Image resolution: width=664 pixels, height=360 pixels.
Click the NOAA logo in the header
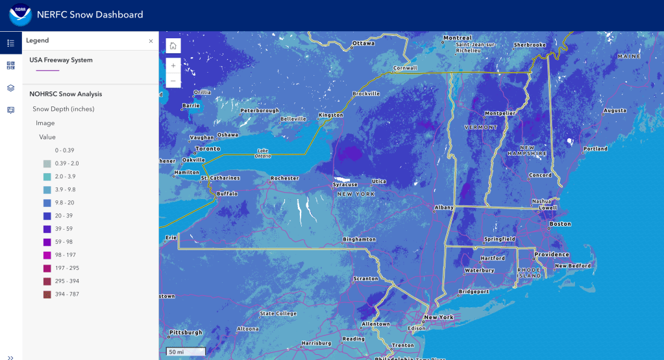click(x=19, y=15)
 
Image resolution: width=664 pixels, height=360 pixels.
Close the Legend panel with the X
click(x=151, y=41)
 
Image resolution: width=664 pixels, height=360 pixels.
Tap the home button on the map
click(x=173, y=45)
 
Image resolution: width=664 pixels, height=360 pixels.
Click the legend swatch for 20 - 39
click(x=47, y=216)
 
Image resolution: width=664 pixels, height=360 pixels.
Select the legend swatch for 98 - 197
click(x=47, y=255)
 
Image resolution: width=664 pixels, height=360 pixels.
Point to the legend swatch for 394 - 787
click(x=47, y=294)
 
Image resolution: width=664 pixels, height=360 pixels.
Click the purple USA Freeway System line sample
click(x=48, y=70)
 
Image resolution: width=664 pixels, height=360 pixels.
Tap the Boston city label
click(x=560, y=224)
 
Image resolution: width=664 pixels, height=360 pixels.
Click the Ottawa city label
click(x=363, y=44)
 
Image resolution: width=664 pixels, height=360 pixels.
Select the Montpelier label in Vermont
click(x=500, y=113)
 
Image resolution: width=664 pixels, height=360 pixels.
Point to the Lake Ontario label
click(x=263, y=153)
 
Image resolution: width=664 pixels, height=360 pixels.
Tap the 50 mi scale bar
click(x=184, y=352)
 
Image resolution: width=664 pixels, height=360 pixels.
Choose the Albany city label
click(x=445, y=208)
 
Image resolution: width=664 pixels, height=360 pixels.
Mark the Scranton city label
click(x=366, y=279)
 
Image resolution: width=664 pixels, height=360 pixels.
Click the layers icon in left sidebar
click(x=10, y=88)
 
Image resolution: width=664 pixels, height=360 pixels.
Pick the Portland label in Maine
click(x=595, y=149)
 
